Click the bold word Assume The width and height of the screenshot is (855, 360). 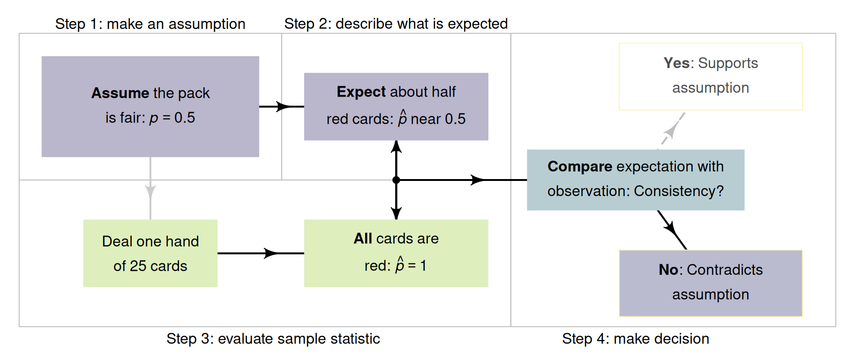(x=120, y=93)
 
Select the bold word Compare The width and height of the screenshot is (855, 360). (x=580, y=166)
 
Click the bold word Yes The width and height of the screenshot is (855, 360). (x=676, y=63)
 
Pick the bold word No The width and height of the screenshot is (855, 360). (x=668, y=270)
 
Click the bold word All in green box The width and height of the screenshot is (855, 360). (x=363, y=239)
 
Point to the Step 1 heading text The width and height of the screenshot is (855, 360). (x=150, y=23)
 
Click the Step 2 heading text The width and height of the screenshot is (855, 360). (x=396, y=23)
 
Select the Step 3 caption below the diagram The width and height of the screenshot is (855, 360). (x=273, y=338)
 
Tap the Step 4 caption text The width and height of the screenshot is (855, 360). (x=635, y=338)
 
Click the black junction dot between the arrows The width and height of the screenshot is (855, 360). (x=396, y=180)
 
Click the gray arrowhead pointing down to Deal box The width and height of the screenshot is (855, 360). (x=150, y=191)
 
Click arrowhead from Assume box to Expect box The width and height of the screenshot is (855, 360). (x=283, y=106)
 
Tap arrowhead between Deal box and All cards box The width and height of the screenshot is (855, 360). (x=271, y=253)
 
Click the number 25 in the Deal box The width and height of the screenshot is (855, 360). (x=138, y=266)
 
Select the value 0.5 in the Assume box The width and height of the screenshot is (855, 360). (x=184, y=118)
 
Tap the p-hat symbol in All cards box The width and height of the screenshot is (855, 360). (x=400, y=265)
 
